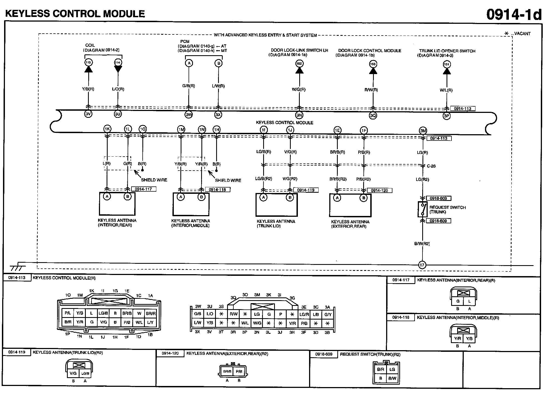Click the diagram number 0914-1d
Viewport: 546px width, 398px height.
click(514, 14)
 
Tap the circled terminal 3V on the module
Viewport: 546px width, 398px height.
click(88, 114)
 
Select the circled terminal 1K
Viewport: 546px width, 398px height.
click(107, 129)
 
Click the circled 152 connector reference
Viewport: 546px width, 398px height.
click(299, 64)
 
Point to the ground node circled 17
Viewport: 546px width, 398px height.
click(422, 265)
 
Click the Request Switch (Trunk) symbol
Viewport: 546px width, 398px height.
click(422, 209)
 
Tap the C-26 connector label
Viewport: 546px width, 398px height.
click(431, 166)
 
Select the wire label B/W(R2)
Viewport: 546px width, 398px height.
click(422, 244)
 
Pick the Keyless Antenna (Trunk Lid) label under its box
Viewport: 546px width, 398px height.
click(276, 224)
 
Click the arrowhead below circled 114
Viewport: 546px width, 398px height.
click(118, 69)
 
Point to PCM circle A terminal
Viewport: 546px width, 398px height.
click(189, 63)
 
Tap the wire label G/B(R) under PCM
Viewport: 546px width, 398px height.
click(189, 86)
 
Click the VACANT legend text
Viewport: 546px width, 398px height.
click(522, 34)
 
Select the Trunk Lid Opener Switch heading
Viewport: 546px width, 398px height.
click(447, 51)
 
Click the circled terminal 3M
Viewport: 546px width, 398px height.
click(423, 131)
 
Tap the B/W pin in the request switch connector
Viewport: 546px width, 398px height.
click(392, 379)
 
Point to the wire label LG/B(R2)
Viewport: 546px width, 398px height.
click(263, 179)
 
